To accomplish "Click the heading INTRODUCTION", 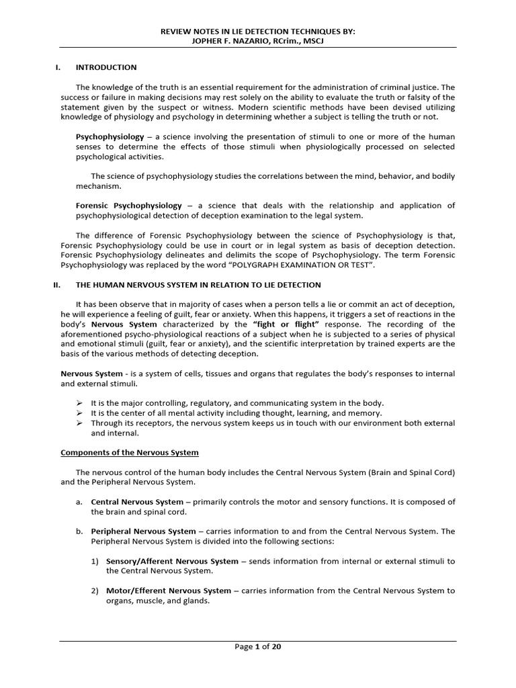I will pos(106,67).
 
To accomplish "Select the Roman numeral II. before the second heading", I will pos(57,285).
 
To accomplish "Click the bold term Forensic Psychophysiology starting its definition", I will pos(129,206).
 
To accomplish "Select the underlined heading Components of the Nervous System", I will pos(130,452).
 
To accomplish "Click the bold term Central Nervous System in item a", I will pos(136,502).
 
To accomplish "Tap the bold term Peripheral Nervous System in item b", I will pos(143,531).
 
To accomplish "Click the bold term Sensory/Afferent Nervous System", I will pos(172,561).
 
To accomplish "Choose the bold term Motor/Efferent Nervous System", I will pos(169,591).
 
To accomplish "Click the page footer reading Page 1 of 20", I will pos(258,647).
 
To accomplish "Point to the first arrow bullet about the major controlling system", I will pos(79,403).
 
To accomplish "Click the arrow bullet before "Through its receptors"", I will pos(79,423).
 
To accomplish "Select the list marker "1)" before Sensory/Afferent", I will pos(95,561).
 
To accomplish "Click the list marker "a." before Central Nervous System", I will pos(79,502).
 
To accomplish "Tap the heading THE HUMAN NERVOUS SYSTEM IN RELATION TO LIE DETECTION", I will pos(198,285).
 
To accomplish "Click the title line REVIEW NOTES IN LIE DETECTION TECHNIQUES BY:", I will pos(257,32).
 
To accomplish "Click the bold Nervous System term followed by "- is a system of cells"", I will pos(91,374).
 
